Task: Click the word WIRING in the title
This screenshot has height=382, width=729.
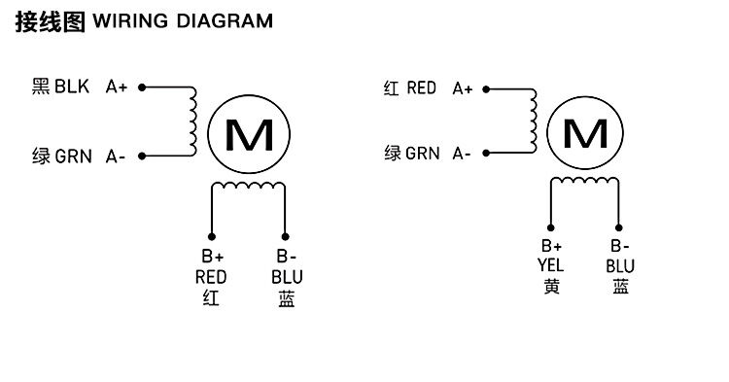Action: click(x=130, y=21)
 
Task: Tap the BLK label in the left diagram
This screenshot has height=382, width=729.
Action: click(x=72, y=87)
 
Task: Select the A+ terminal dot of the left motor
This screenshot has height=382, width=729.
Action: click(x=142, y=87)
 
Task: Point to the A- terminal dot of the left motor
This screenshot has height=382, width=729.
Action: click(x=142, y=156)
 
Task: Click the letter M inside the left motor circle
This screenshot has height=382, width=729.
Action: click(x=249, y=135)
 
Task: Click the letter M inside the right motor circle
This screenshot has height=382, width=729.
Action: click(x=585, y=133)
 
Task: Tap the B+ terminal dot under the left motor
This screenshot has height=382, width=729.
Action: click(x=212, y=236)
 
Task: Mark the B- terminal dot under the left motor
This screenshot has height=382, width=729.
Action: click(x=285, y=236)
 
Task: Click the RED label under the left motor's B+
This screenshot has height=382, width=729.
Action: click(x=211, y=277)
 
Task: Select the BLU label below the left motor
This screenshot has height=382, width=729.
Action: click(x=287, y=277)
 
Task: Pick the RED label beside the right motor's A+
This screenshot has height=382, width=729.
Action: click(x=421, y=87)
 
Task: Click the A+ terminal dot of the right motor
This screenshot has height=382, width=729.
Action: click(x=486, y=89)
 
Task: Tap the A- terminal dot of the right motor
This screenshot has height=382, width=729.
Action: click(x=486, y=153)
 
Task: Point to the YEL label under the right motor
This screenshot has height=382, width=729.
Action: click(x=550, y=265)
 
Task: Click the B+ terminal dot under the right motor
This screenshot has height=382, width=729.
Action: click(x=550, y=227)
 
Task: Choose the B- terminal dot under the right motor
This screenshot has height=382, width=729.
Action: click(x=619, y=227)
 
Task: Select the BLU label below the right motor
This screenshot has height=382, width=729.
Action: click(x=620, y=266)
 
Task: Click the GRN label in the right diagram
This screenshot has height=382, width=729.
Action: click(x=422, y=154)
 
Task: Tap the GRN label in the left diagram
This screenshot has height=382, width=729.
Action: click(x=74, y=156)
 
